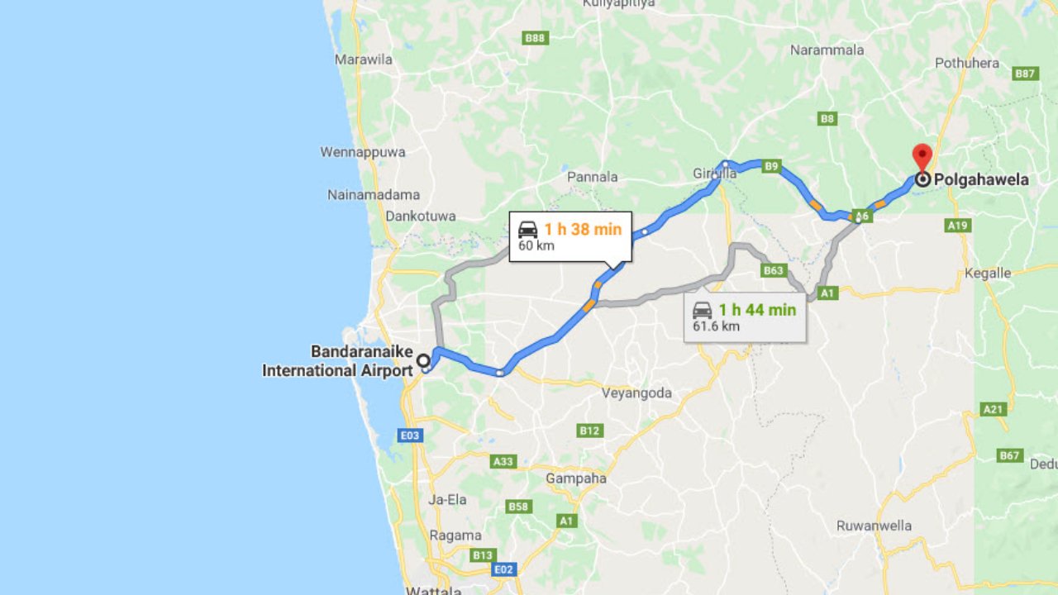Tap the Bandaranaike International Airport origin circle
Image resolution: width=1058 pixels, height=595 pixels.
click(423, 360)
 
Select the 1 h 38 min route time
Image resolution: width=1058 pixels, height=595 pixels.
click(583, 229)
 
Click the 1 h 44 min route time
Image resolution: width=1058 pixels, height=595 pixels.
click(757, 310)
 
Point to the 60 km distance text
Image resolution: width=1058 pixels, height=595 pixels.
click(536, 245)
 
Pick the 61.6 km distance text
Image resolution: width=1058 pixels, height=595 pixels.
click(716, 326)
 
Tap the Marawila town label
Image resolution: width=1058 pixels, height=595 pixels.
click(364, 59)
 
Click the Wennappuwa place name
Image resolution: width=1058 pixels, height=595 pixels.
click(363, 152)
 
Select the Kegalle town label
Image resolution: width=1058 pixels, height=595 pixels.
click(988, 273)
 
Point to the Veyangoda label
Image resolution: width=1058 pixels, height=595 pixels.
click(636, 393)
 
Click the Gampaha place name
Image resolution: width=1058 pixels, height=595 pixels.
click(576, 478)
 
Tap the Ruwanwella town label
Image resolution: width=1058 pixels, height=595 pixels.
click(874, 526)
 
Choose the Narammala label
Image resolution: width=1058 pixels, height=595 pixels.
click(827, 50)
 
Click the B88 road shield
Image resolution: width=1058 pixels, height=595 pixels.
click(536, 37)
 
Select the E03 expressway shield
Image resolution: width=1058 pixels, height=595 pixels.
click(411, 435)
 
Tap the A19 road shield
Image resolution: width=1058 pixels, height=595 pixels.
click(958, 225)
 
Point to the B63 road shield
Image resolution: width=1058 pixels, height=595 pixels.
click(774, 270)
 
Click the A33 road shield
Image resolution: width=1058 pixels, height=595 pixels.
click(503, 461)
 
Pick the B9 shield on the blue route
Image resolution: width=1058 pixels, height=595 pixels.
click(771, 166)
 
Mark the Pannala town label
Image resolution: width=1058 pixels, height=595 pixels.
click(592, 176)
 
